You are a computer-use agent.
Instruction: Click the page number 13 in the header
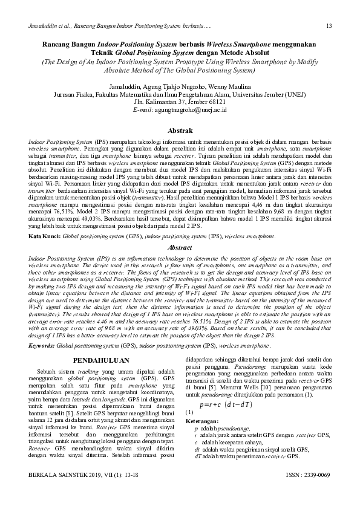328,26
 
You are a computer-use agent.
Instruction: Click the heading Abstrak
180,131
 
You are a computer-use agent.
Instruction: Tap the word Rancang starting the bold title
57,45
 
